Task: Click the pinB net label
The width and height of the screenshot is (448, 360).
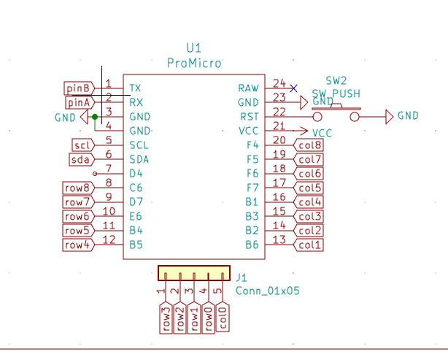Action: tap(78, 88)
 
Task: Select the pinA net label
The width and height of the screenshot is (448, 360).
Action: tap(78, 103)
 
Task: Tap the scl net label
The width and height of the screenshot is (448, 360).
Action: tap(83, 145)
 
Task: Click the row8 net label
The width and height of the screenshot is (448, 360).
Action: tap(77, 188)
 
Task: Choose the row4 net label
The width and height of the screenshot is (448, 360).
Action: tap(77, 245)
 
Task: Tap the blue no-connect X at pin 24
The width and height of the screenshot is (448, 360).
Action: tap(293, 88)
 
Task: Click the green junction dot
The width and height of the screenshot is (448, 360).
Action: tap(95, 116)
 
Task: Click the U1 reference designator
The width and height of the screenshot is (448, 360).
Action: tap(193, 49)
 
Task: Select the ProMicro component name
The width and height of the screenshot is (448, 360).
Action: tap(193, 64)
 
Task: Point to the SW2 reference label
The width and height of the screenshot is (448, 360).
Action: tap(336, 81)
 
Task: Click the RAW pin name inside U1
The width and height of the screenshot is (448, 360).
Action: tap(248, 88)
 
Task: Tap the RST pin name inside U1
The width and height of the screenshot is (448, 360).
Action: tap(249, 117)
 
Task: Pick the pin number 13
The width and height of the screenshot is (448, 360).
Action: tap(279, 241)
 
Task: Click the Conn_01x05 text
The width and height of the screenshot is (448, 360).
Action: tap(267, 291)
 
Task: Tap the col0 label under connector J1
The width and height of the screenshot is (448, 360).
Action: tap(223, 318)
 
